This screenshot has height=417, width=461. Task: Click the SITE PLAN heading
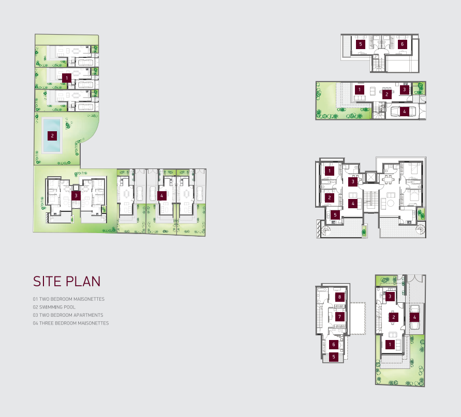click(x=67, y=281)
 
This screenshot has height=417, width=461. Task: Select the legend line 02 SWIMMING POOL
click(x=54, y=307)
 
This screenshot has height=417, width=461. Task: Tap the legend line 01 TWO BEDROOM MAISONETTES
click(x=68, y=299)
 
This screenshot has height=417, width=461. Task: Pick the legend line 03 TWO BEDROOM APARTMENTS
click(x=68, y=315)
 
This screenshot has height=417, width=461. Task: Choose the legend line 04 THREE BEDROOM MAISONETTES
click(x=71, y=323)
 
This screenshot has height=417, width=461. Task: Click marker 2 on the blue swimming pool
click(x=52, y=136)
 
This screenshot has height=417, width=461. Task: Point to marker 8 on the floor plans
click(x=339, y=297)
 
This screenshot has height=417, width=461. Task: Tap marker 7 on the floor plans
click(x=339, y=317)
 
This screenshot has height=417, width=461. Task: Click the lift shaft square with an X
click(x=371, y=177)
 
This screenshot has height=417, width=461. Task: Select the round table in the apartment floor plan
click(x=391, y=203)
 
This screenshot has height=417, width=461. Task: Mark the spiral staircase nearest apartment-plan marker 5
click(x=326, y=231)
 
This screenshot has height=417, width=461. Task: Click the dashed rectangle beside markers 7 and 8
click(x=357, y=319)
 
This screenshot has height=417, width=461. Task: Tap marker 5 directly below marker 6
click(x=334, y=357)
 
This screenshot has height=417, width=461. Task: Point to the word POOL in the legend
click(x=70, y=307)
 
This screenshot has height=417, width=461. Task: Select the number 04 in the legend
click(x=35, y=323)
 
